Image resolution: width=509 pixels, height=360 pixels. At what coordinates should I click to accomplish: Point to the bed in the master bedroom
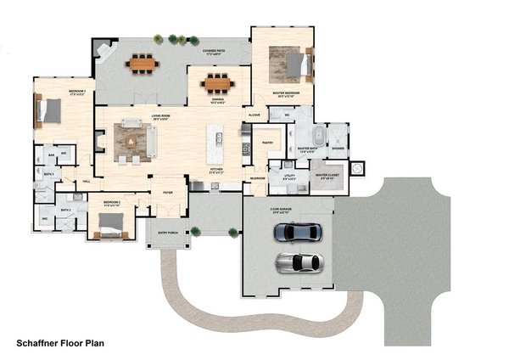click(289, 62)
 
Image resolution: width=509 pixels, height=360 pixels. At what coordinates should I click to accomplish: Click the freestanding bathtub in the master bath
click(318, 137)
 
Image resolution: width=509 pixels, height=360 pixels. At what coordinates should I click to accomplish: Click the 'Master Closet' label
click(328, 176)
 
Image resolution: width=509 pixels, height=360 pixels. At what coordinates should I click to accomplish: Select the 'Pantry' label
click(266, 143)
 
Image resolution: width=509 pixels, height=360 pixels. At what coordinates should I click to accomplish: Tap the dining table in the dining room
click(217, 83)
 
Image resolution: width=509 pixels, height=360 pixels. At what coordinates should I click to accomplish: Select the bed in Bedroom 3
click(49, 109)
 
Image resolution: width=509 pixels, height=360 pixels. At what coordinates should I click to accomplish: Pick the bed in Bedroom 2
click(111, 223)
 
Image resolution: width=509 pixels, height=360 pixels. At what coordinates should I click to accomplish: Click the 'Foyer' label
click(180, 192)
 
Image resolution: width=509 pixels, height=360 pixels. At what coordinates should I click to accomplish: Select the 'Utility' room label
click(289, 176)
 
